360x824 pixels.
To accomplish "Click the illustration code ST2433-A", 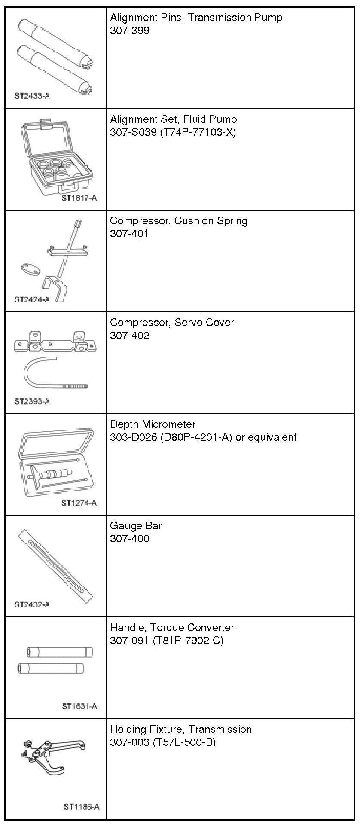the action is [x=32, y=96].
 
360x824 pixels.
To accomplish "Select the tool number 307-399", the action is [x=130, y=31].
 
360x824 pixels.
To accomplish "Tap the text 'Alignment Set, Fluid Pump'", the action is [x=173, y=119].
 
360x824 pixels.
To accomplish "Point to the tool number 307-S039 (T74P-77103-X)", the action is [x=173, y=132].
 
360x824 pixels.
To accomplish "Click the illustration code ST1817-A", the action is [x=79, y=198].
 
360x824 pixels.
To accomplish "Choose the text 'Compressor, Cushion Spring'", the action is [x=179, y=221].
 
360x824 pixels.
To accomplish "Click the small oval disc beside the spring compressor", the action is [x=30, y=270].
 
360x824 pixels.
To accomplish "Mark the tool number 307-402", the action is [x=130, y=336].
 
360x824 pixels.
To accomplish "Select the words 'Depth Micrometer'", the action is [x=153, y=424].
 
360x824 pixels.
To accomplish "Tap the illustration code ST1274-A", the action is [x=79, y=503].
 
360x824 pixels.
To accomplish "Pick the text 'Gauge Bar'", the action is [x=136, y=526].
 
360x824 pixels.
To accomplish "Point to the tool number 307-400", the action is [x=130, y=539].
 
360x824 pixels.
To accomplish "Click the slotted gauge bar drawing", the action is [x=56, y=566].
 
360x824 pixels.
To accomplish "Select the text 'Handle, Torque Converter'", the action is [x=172, y=628].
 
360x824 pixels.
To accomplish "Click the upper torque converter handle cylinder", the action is [x=60, y=652].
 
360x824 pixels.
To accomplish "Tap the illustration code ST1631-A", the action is [x=79, y=706].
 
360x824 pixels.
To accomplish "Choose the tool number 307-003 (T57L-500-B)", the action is [x=163, y=742].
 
